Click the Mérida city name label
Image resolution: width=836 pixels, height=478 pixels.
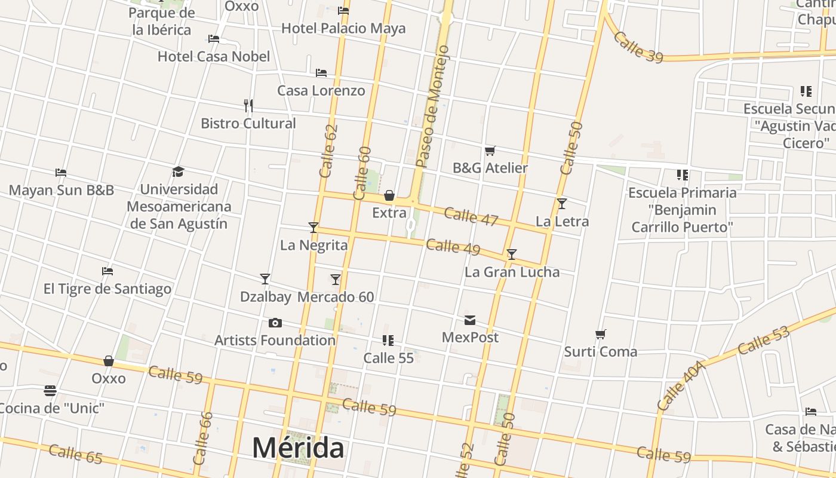297,448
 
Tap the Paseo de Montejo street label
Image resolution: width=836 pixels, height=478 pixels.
432,106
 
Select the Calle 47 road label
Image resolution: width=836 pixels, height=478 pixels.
471,216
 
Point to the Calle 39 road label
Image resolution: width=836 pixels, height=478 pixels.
638,47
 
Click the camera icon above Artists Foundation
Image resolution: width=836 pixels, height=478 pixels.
275,323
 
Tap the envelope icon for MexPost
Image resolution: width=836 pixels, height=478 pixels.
470,321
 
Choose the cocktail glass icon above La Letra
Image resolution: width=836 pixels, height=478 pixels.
561,204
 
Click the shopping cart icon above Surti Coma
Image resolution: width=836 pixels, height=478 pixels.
601,334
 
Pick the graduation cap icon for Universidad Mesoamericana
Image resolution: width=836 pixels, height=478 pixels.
178,172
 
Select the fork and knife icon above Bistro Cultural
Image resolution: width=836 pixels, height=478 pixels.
248,106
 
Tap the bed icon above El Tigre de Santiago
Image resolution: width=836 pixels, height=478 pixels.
107,271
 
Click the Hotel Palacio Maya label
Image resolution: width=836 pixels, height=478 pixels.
343,28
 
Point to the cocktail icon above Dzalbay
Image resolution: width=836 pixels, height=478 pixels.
265,279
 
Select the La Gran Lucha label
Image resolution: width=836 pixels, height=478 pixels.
512,272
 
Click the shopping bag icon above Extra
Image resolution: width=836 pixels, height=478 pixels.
389,195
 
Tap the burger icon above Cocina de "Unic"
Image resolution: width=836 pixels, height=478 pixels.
50,391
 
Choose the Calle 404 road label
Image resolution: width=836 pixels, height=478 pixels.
681,385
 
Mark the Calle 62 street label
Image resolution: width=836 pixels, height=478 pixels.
328,151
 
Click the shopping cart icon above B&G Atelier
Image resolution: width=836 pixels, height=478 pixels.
490,151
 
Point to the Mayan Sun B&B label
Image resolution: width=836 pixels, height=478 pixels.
61,191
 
